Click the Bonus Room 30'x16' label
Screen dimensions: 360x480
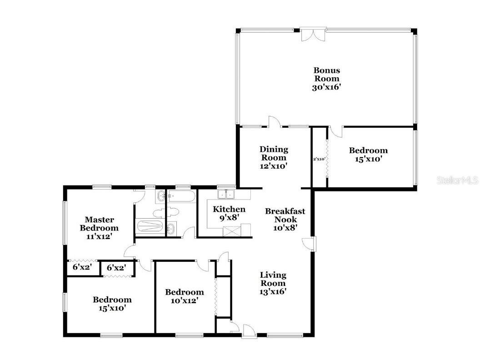coord(326,79)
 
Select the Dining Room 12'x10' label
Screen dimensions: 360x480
coord(274,157)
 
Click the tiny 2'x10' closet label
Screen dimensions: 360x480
coord(320,159)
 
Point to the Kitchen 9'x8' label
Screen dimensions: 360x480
coord(229,213)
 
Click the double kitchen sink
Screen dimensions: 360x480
coord(226,195)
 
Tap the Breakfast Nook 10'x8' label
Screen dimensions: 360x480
coord(285,219)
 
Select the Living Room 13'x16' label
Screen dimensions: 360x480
coord(273,283)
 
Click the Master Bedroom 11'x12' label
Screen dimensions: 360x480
coord(99,228)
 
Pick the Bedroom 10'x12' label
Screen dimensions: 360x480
coord(184,296)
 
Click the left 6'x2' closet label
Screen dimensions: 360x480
coord(82,268)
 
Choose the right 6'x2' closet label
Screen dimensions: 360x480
coord(116,268)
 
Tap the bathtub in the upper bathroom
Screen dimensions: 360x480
coord(182,197)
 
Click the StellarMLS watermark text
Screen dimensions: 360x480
coord(457,180)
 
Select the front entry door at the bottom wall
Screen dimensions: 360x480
coord(249,331)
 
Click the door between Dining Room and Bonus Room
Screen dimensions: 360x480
coord(275,122)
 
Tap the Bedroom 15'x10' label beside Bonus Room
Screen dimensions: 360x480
coord(368,155)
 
